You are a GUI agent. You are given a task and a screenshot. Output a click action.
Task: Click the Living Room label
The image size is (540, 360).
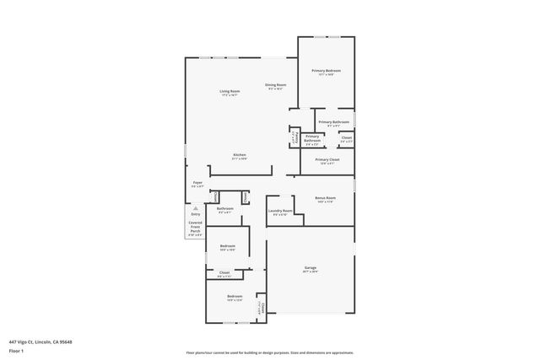coord(229,91)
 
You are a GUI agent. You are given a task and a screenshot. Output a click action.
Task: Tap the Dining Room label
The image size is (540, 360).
coord(276,84)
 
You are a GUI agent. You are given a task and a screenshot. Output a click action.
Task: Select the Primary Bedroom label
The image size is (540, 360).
coord(326,71)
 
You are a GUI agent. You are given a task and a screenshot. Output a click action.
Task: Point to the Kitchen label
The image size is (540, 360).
coord(240,155)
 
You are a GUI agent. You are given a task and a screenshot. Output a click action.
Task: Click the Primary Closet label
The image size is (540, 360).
coord(326,159)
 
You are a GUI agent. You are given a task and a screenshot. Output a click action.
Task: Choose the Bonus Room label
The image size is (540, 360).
coord(326,197)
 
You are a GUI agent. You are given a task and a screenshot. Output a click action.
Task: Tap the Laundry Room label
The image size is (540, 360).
coord(280,210)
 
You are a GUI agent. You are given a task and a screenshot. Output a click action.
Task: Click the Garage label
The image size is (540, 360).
coord(310,267)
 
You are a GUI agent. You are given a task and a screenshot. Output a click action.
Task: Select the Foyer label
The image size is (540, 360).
coord(197,182)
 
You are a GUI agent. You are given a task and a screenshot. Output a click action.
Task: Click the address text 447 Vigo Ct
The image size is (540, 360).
coord(40,341)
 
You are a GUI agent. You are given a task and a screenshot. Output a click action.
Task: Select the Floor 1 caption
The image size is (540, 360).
coord(16,350)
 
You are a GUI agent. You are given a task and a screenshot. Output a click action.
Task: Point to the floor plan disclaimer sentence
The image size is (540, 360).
coord(269,352)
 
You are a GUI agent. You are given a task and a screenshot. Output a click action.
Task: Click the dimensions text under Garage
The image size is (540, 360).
coord(310,271)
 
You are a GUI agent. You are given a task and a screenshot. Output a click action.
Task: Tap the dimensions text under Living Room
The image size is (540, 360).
coord(229,95)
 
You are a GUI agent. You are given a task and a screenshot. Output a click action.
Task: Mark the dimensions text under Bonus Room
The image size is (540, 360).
coord(326,201)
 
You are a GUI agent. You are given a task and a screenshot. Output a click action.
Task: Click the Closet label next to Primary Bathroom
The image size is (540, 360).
coord(347,137)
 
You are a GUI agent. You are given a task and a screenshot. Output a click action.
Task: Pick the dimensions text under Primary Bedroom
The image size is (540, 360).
coord(326,75)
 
